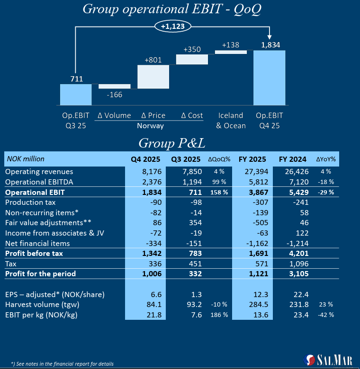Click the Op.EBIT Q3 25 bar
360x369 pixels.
[76, 95]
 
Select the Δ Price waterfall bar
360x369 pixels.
[153, 77]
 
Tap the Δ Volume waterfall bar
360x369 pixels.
[114, 86]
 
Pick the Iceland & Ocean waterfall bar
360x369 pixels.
[231, 52]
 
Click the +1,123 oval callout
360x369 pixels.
[172, 26]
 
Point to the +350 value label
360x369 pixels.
[192, 49]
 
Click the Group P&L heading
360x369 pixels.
[171, 143]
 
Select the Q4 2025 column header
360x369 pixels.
[145, 159]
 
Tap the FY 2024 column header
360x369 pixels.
[292, 159]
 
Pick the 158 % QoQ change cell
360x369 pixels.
[219, 192]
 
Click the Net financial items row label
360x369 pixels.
[37, 243]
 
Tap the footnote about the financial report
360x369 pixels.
[62, 364]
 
